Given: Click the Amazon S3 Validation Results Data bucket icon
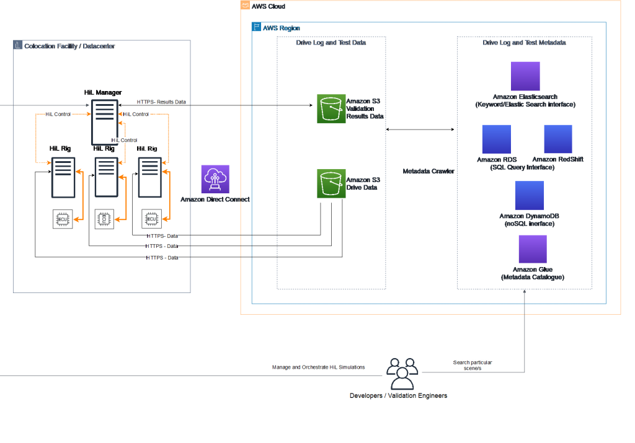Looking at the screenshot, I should [331, 109].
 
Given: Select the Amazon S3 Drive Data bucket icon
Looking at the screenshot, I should [331, 183].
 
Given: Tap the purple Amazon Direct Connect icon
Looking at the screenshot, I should [215, 179].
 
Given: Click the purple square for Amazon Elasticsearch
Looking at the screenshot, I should [525, 76].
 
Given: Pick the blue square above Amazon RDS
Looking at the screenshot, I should [496, 139].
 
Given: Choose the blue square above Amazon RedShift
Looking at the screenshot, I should [558, 139].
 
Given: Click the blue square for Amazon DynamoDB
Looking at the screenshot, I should [529, 196].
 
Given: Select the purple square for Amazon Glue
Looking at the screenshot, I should [532, 249].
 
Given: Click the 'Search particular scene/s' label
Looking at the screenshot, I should [473, 365].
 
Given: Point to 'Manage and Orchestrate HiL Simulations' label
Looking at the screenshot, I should [319, 367].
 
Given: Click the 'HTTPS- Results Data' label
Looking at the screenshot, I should [161, 102].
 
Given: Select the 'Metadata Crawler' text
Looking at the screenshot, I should [429, 170].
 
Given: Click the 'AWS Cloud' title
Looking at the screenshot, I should [269, 6].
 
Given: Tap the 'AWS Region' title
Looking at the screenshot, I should [281, 28].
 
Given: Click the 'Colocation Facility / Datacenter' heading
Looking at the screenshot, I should [69, 46].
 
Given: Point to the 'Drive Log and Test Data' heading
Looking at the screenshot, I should [331, 43].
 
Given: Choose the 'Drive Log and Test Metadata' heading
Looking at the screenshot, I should [525, 43].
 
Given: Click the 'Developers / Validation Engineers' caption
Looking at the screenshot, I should [398, 395].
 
